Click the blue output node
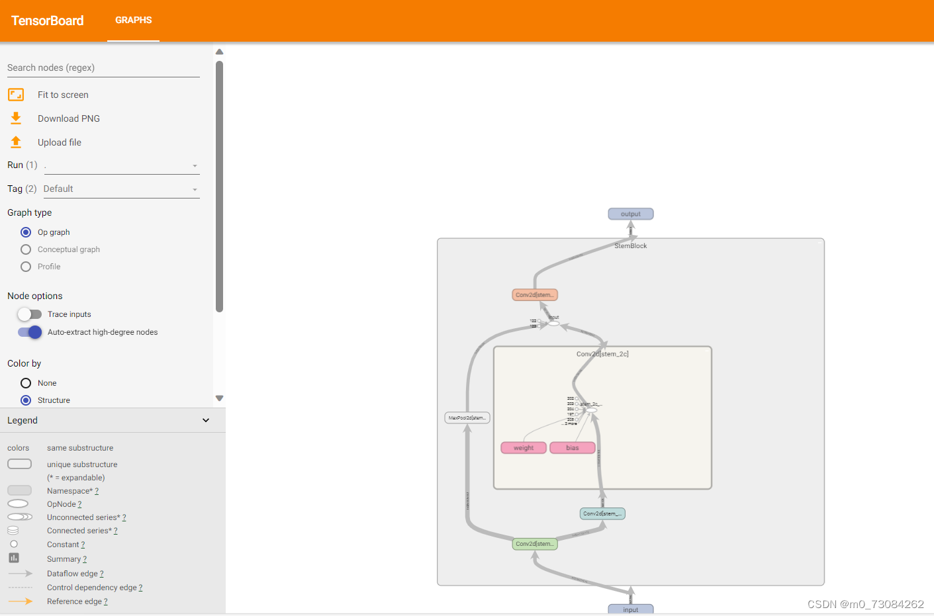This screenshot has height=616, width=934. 630,214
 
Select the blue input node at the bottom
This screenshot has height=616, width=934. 630,609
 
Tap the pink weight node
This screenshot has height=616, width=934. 524,448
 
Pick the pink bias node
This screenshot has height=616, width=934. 573,448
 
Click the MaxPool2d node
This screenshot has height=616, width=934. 467,418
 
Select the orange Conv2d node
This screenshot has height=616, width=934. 535,295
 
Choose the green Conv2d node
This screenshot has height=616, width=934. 535,544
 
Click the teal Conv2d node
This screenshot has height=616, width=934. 602,513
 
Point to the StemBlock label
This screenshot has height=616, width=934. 630,246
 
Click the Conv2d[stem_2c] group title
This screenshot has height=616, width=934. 602,354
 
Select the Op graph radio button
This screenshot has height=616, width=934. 26,232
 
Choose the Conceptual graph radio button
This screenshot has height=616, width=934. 26,249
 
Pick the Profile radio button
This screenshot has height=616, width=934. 26,267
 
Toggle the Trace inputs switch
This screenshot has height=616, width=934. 30,314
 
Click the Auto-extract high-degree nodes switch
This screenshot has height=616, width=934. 30,332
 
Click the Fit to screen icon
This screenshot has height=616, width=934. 16,95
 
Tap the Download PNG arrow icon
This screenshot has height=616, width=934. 16,118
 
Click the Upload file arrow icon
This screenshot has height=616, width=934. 16,142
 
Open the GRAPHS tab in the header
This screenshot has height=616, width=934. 133,21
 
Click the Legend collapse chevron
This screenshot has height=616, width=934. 206,420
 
